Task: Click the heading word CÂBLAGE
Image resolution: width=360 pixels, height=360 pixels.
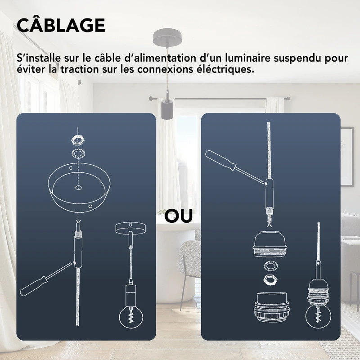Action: [61, 25]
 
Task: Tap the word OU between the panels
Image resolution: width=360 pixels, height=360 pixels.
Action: [179, 216]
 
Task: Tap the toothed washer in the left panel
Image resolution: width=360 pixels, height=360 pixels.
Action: [79, 152]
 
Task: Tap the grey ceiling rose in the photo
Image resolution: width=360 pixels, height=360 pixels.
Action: [166, 36]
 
